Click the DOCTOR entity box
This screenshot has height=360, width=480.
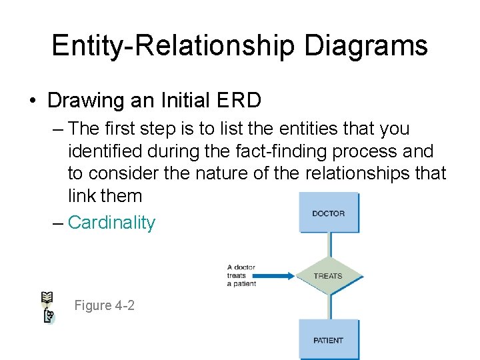tap(329, 213)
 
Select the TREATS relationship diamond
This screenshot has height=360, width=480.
tap(328, 276)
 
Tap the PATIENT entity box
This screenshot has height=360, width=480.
tap(329, 340)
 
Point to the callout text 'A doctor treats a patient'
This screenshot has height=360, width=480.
tap(241, 276)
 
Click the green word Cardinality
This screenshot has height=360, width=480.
tap(111, 223)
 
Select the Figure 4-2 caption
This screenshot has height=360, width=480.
tap(104, 305)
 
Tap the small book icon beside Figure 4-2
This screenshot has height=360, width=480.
tap(48, 307)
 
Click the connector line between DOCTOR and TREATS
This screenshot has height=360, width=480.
tap(329, 245)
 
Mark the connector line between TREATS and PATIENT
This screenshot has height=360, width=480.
tap(329, 307)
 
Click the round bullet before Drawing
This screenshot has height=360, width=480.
tap(33, 101)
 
